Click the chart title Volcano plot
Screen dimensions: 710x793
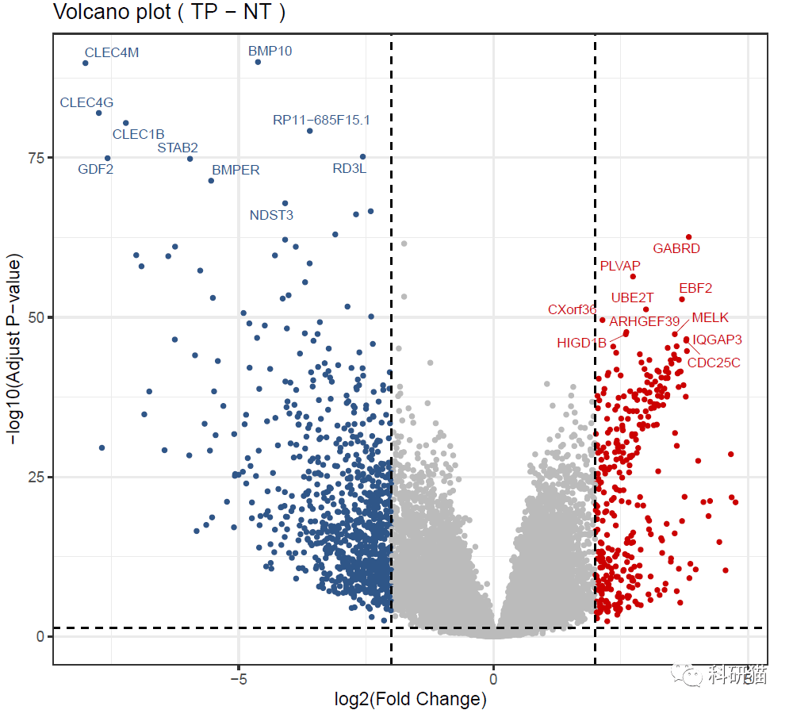coord(169,13)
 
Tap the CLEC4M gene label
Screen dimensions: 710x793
coord(112,53)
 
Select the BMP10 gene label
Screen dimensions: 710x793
coord(270,51)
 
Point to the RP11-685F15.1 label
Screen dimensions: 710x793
coord(321,121)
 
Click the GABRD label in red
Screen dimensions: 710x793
coord(676,248)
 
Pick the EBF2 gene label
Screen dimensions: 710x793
coord(695,288)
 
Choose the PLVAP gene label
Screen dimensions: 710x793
coord(620,266)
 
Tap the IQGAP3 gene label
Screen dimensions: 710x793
coord(718,340)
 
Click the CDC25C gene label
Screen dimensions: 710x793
coord(714,363)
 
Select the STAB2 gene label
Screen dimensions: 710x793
coord(178,148)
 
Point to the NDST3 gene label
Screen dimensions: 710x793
coord(271,215)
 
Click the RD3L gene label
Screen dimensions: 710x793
coord(350,168)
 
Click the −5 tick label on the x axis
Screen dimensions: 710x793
coord(238,680)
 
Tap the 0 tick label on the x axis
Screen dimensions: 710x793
coord(493,680)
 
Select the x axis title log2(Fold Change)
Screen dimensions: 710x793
coord(411,699)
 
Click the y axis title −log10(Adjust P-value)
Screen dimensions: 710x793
coord(13,349)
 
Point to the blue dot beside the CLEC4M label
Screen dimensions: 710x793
coord(86,63)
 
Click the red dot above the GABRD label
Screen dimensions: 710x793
coord(688,236)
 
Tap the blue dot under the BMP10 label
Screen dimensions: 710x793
coord(258,62)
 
